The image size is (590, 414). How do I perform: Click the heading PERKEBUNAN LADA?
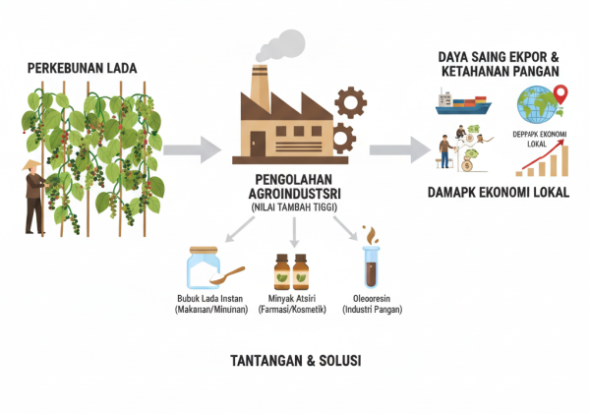tap(82, 69)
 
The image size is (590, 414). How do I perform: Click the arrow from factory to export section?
tap(398, 149)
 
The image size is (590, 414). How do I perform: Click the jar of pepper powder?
tap(203, 268)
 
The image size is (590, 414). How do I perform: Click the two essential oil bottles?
tap(294, 270)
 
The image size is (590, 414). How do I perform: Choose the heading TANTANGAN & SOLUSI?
tap(294, 361)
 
